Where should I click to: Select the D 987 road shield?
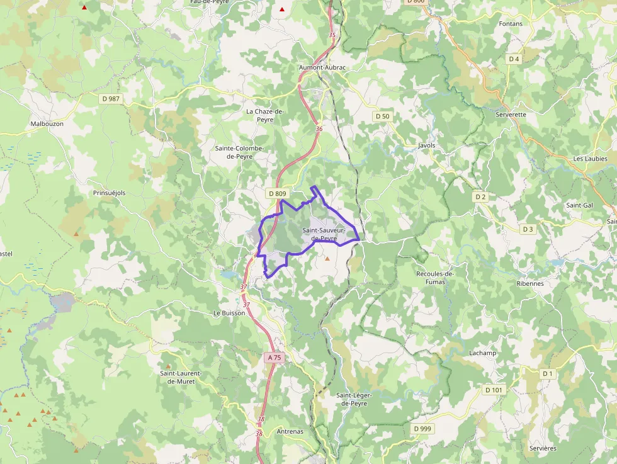tap(110, 99)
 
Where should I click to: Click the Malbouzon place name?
tap(47, 124)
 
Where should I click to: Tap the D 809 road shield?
tap(277, 194)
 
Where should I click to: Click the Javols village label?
tap(426, 145)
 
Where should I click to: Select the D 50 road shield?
tap(382, 116)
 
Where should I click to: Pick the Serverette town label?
tap(511, 115)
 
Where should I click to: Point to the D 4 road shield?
tap(514, 59)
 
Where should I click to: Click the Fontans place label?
tap(510, 24)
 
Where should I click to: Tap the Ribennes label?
tap(530, 283)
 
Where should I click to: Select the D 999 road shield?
tap(423, 429)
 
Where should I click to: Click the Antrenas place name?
tap(290, 432)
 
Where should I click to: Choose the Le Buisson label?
tap(229, 312)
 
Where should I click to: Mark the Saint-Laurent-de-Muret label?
tap(181, 377)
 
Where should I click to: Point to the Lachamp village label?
tap(482, 353)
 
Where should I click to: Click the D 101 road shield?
tap(494, 390)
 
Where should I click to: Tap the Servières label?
tap(543, 448)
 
